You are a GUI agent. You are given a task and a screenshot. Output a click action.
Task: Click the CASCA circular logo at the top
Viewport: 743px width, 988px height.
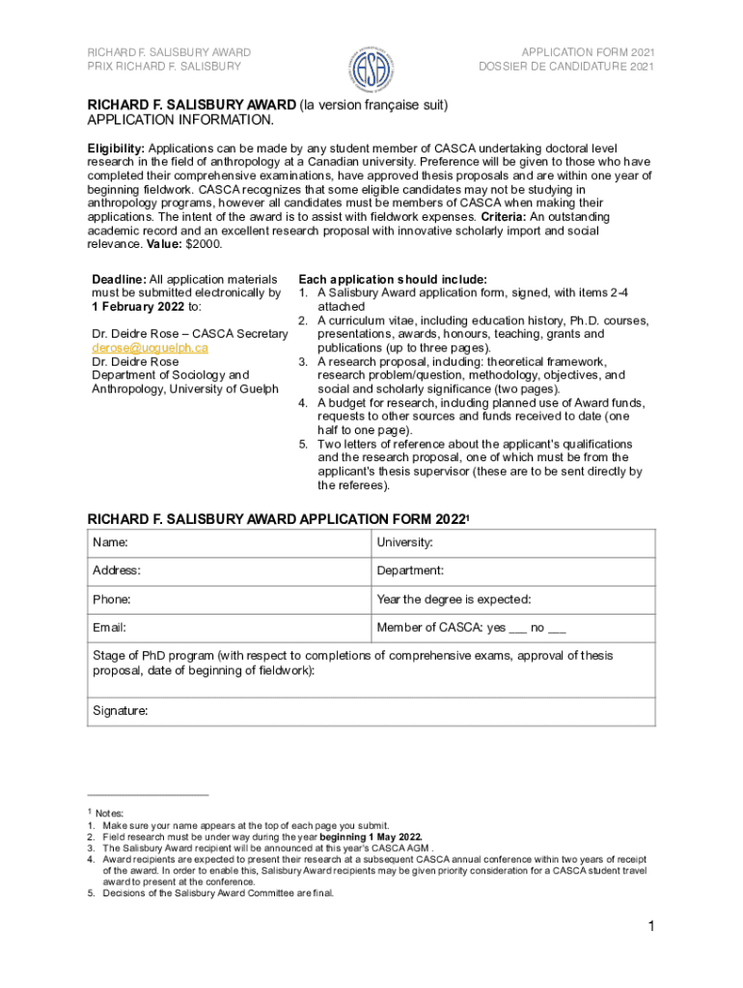(371, 65)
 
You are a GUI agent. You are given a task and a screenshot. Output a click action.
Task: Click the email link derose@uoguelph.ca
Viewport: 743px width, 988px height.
(150, 347)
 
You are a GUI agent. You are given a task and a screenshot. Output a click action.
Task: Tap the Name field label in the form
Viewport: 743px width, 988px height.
(110, 543)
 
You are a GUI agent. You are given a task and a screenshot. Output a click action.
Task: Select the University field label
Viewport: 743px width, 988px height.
(405, 543)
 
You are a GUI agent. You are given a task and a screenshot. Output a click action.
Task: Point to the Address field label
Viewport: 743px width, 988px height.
(116, 571)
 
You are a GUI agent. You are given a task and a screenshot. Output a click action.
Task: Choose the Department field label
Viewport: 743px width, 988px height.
(410, 571)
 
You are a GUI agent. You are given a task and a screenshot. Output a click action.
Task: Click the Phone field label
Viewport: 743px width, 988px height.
(112, 599)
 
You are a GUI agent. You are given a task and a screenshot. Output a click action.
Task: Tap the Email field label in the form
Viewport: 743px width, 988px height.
(110, 628)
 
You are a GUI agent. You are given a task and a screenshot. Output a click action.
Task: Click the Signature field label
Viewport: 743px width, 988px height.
(120, 711)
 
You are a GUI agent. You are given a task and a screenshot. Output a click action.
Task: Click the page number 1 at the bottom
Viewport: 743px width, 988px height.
(651, 928)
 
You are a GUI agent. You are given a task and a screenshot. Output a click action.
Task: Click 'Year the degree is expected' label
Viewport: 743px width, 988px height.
(454, 599)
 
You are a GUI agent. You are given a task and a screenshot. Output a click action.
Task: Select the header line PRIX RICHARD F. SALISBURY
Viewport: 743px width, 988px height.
(164, 67)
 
